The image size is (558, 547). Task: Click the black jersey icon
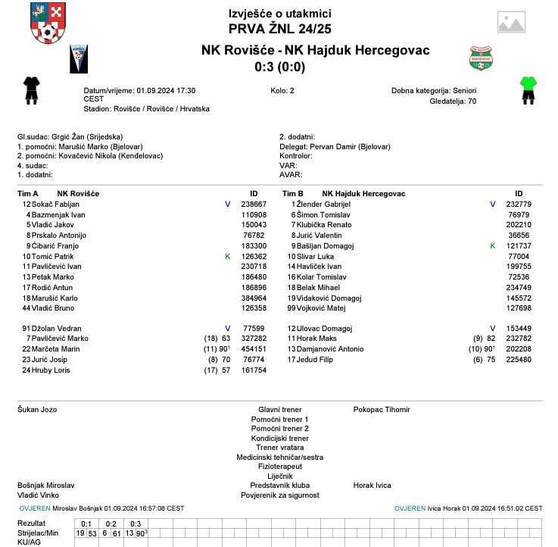[30, 89]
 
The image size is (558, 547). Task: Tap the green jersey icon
[528, 89]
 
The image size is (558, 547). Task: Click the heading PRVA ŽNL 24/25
[279, 29]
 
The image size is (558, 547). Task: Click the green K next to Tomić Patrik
[227, 257]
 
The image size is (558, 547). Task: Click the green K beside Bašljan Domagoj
[492, 246]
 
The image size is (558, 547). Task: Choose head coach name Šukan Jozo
[37, 410]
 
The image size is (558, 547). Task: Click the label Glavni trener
[279, 410]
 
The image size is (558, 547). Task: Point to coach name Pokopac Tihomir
[382, 410]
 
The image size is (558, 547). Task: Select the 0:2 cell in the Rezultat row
[111, 524]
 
